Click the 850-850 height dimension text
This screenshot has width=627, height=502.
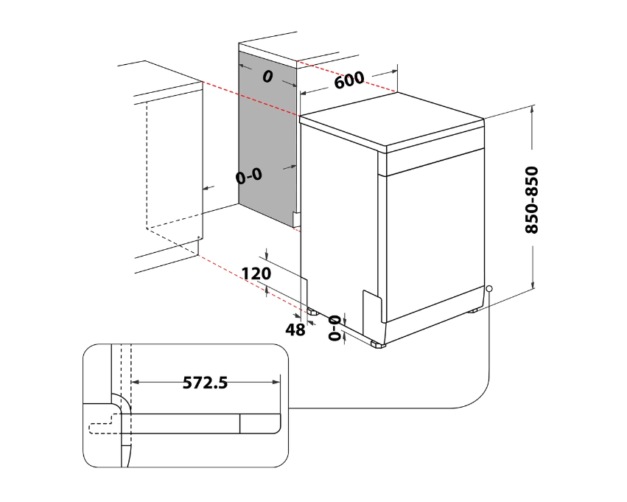pos(532,200)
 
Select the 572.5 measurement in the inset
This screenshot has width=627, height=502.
pos(205,383)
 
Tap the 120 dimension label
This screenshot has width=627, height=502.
pos(256,273)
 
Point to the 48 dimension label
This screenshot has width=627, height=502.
pos(295,330)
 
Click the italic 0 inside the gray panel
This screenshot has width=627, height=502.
pos(267,76)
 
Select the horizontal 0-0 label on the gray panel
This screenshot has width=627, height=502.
pos(248,176)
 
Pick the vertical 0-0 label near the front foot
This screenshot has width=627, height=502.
pos(335,328)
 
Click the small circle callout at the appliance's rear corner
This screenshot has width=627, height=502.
pos(488,289)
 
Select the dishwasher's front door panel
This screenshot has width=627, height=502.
pos(435,236)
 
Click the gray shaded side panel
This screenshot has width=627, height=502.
pos(267,133)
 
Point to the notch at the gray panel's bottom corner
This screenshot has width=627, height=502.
pos(296,219)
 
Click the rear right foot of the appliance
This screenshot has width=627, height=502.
pos(472,310)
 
